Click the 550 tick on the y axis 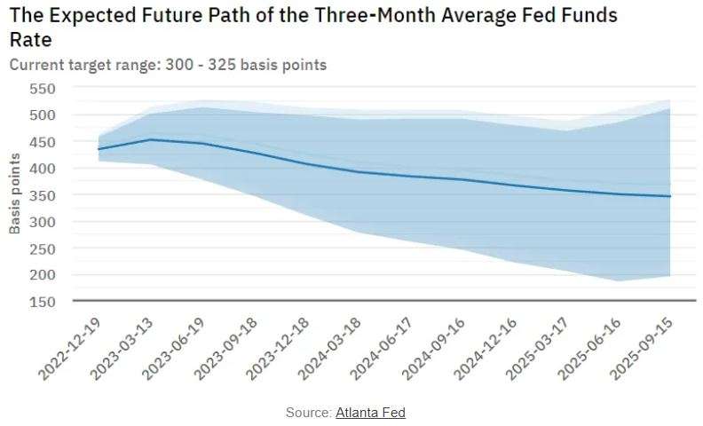pyautogui.click(x=43, y=89)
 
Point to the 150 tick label pyautogui.click(x=43, y=302)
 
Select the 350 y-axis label pyautogui.click(x=43, y=195)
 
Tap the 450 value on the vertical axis pyautogui.click(x=43, y=142)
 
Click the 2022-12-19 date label pyautogui.click(x=69, y=349)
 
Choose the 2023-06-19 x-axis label pyautogui.click(x=173, y=349)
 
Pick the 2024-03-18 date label pyautogui.click(x=329, y=349)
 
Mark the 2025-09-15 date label pyautogui.click(x=641, y=349)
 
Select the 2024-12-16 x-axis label pyautogui.click(x=486, y=349)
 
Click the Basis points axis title pyautogui.click(x=15, y=193)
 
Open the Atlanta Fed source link pyautogui.click(x=370, y=412)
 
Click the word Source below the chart pyautogui.click(x=308, y=412)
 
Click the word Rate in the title pyautogui.click(x=30, y=40)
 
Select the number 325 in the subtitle pyautogui.click(x=222, y=65)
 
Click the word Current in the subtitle pyautogui.click(x=36, y=65)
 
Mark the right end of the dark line pyautogui.click(x=670, y=196)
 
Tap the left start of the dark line pyautogui.click(x=99, y=149)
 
